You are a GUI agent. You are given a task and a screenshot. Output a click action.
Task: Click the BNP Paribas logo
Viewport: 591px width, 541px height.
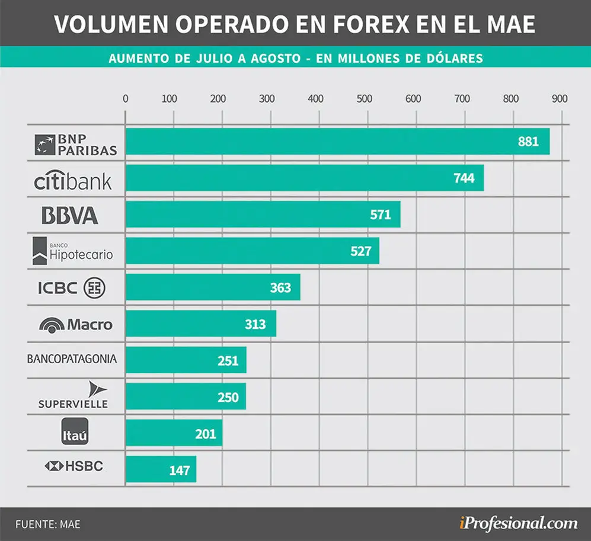(76, 145)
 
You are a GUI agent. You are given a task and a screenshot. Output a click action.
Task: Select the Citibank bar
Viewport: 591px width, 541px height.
(305, 178)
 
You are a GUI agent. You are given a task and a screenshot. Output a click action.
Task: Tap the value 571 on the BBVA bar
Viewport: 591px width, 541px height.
(381, 215)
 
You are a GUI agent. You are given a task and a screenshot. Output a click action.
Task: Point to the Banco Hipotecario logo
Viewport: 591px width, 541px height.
(73, 251)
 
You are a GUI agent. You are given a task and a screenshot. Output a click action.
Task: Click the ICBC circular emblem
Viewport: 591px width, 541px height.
(94, 288)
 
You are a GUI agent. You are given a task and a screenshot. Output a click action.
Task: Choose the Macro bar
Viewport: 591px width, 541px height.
(201, 324)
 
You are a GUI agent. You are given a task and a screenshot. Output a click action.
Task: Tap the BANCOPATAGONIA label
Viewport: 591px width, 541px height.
(72, 358)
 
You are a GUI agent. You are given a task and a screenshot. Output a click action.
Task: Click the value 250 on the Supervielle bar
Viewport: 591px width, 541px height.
(228, 398)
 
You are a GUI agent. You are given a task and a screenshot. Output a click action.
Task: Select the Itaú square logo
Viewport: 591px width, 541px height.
(75, 431)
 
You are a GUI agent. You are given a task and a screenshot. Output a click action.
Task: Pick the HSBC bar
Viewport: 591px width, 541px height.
(161, 469)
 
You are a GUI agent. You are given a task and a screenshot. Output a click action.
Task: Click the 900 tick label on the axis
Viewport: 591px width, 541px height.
(560, 99)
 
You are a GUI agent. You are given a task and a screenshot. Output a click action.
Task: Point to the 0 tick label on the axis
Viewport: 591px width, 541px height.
(126, 99)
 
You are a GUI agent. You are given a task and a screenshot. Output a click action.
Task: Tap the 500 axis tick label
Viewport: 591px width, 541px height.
(365, 99)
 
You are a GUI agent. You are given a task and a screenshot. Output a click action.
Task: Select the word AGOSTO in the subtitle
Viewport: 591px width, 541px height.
(276, 59)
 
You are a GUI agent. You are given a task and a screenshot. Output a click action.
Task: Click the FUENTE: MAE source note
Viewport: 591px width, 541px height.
(48, 524)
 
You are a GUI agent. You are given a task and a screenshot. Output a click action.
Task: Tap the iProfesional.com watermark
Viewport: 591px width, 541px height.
(518, 524)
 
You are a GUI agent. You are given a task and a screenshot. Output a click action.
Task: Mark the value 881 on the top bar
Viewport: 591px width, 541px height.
(528, 142)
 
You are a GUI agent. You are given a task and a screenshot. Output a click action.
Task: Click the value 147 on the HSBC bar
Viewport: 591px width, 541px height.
(180, 470)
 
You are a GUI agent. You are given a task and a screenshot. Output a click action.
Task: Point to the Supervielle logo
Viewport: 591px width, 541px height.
(73, 395)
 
